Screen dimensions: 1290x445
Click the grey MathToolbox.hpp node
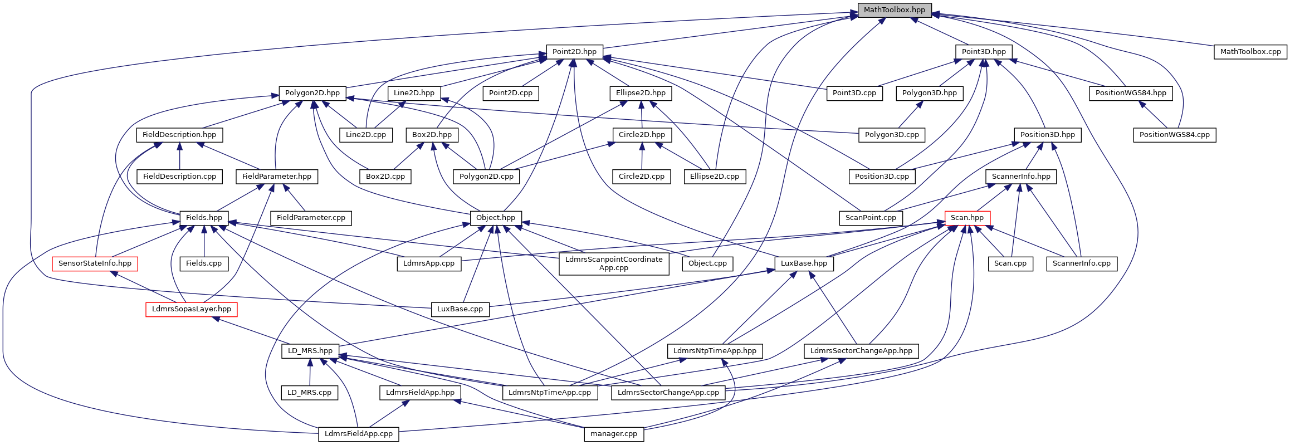(894, 10)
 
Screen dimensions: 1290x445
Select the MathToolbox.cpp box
(1250, 52)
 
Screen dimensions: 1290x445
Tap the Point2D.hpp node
(574, 52)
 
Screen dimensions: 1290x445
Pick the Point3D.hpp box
(984, 52)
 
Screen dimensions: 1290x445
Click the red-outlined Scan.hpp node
(967, 218)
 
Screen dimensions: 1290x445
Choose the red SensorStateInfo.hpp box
(95, 263)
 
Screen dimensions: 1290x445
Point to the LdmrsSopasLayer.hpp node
(192, 309)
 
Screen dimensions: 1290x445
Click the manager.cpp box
(614, 434)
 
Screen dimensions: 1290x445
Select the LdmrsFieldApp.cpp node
(359, 434)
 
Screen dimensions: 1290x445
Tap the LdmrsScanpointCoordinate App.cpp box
(614, 263)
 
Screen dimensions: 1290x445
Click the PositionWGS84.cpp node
(1175, 135)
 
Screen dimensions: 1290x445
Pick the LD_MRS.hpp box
(310, 351)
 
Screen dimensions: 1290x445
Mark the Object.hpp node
(496, 218)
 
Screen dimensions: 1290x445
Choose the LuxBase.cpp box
(460, 309)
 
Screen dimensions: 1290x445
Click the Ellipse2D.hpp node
(641, 93)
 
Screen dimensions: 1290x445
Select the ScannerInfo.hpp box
(1021, 177)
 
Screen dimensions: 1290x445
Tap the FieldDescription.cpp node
(179, 177)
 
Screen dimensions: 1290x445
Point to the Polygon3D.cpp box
(892, 135)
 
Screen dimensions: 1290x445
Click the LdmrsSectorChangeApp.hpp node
(861, 351)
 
